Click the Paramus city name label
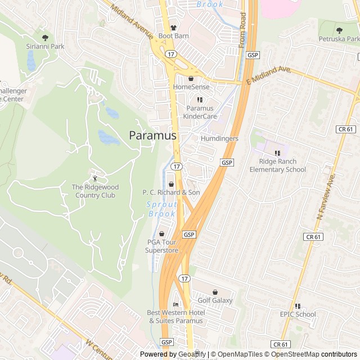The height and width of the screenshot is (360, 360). pyautogui.click(x=152, y=136)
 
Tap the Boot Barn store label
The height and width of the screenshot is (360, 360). pyautogui.click(x=173, y=35)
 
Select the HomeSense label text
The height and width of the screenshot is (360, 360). pyautogui.click(x=191, y=87)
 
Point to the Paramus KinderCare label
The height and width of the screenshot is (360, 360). pyautogui.click(x=200, y=112)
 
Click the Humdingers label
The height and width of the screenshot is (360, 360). pyautogui.click(x=219, y=138)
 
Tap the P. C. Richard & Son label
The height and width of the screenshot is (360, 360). pyautogui.click(x=171, y=192)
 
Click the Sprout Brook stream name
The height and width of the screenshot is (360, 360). pyautogui.click(x=161, y=210)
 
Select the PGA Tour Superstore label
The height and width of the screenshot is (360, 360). pyautogui.click(x=162, y=246)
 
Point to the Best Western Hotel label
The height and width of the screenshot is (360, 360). pyautogui.click(x=175, y=317)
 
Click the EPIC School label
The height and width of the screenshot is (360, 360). pyautogui.click(x=298, y=314)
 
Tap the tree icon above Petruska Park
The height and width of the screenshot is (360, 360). pyautogui.click(x=339, y=30)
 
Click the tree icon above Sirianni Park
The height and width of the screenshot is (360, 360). pyautogui.click(x=45, y=37)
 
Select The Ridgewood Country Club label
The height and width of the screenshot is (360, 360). pyautogui.click(x=93, y=191)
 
